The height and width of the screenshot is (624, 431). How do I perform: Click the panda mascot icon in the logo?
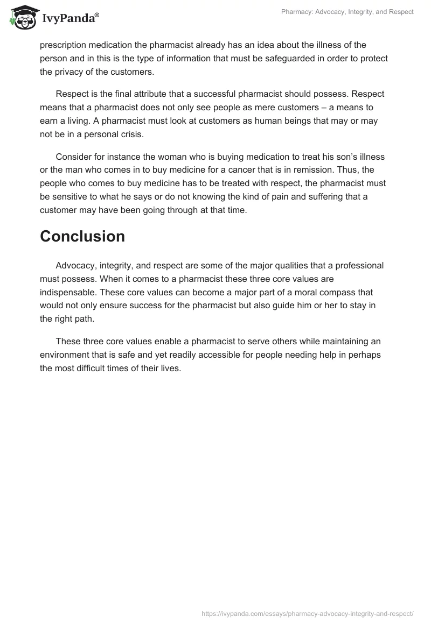[21, 17]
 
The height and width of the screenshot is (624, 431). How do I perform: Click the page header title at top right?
[347, 12]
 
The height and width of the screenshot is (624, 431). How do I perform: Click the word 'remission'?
[316, 170]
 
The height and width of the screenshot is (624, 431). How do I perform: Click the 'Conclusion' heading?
[82, 236]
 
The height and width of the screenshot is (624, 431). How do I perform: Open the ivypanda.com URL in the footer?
[307, 613]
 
